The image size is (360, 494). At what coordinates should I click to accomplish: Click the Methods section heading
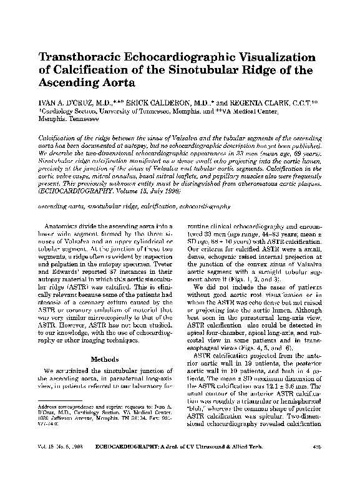(x=109, y=359)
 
